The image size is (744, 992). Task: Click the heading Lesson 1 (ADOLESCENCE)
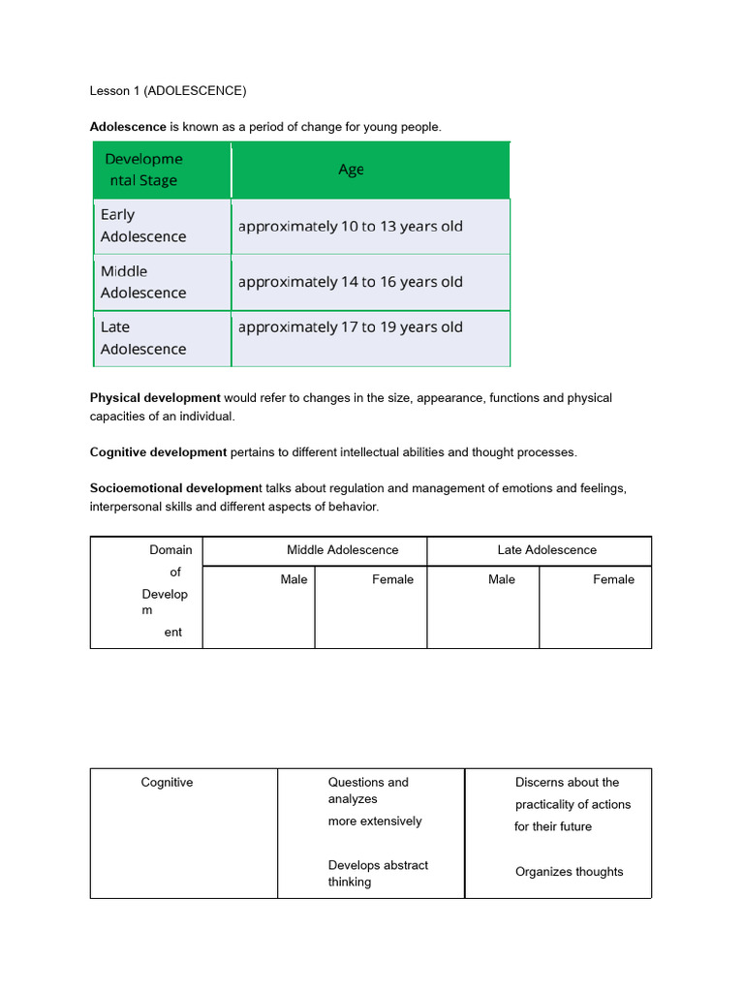[x=168, y=91]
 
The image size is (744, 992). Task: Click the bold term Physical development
[x=155, y=398]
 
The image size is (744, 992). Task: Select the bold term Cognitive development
[x=158, y=452]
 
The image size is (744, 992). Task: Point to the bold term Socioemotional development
[x=175, y=489]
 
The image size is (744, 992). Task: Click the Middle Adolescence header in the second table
[x=342, y=550]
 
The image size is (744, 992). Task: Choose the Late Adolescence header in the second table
[x=546, y=550]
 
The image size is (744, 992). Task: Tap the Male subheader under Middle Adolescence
[x=294, y=579]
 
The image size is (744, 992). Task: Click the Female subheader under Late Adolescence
[x=613, y=579]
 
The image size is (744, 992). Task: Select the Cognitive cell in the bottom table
[x=167, y=783]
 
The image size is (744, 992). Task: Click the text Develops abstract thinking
[x=377, y=873]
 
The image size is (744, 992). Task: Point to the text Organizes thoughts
[x=569, y=872]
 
